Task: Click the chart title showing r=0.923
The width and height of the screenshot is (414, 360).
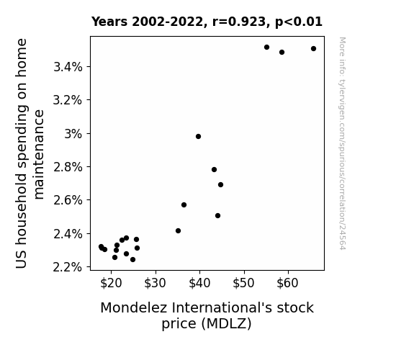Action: click(207, 22)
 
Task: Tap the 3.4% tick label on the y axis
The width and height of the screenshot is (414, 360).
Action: click(68, 67)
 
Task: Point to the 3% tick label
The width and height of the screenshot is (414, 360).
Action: click(73, 134)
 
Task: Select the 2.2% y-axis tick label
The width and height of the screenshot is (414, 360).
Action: click(68, 267)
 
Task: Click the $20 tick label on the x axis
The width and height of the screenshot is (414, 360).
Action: click(111, 284)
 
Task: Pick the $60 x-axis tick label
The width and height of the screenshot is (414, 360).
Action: click(287, 284)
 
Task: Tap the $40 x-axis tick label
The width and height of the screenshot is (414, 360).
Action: click(199, 284)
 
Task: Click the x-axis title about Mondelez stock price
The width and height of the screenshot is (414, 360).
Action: click(207, 315)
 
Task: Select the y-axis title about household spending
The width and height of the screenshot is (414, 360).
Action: click(29, 153)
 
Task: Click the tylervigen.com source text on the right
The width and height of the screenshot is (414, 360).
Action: click(342, 143)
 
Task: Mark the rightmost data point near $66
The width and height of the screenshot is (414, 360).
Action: click(313, 48)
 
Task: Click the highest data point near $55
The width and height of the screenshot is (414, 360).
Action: click(266, 48)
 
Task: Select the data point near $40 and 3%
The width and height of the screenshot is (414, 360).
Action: click(198, 137)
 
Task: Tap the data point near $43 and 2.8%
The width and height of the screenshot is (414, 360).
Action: click(214, 170)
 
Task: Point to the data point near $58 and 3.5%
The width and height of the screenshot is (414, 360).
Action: click(282, 53)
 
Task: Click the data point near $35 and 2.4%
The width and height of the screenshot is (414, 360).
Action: click(179, 231)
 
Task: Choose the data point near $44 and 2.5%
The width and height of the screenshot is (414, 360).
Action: click(218, 216)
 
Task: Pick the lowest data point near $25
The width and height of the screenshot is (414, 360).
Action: click(132, 260)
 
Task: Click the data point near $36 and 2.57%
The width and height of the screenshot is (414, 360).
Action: click(184, 205)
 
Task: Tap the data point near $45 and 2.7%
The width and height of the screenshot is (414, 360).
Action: click(221, 184)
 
